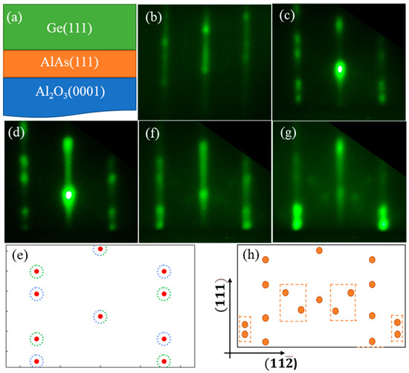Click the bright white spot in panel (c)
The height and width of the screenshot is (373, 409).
point(340,69)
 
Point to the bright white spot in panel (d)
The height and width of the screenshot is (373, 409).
point(68,194)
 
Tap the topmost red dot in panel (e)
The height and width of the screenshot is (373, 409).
point(100,249)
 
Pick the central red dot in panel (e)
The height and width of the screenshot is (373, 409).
point(100,316)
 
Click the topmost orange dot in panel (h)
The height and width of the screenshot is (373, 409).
point(319,251)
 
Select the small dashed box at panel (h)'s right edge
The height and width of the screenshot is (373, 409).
point(397,328)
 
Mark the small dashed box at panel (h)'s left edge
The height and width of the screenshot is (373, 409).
point(244,329)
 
